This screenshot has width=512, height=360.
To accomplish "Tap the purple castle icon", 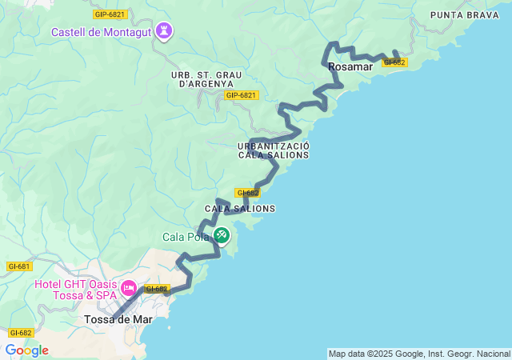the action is click(x=166, y=31).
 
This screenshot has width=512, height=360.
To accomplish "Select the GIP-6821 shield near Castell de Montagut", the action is click(x=110, y=14).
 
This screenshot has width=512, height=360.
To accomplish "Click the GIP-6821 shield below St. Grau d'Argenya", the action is click(x=241, y=95).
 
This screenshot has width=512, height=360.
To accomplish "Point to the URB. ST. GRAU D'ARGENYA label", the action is click(x=202, y=79).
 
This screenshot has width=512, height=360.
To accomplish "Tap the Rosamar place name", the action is click(x=350, y=67).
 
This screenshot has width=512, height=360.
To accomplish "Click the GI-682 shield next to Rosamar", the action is click(x=395, y=62).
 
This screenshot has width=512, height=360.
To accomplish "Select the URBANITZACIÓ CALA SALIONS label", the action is click(x=273, y=150).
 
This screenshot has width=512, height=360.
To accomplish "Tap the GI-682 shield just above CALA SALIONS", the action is click(x=247, y=193).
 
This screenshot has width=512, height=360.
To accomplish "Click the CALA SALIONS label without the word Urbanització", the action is click(x=240, y=209).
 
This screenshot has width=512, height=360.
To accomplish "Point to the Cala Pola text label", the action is click(x=186, y=236).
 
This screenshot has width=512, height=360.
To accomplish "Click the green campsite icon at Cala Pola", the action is click(x=222, y=235).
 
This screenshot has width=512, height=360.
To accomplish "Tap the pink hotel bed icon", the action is click(x=128, y=286).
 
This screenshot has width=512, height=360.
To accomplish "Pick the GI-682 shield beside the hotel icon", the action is click(x=157, y=289).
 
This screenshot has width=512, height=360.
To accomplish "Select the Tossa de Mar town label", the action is click(x=118, y=319).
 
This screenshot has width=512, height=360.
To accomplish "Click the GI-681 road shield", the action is click(x=18, y=266).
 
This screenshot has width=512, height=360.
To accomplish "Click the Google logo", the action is click(x=26, y=350).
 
